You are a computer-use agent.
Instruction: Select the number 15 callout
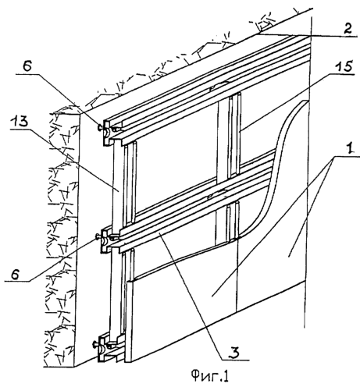pyautogui.click(x=343, y=67)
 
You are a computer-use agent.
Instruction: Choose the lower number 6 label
pyautogui.click(x=16, y=275)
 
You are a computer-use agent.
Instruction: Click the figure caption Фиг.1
pyautogui.click(x=210, y=376)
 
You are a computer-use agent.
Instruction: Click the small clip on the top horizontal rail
pyautogui.click(x=220, y=86)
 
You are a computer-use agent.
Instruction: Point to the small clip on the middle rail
pyautogui.click(x=218, y=194)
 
